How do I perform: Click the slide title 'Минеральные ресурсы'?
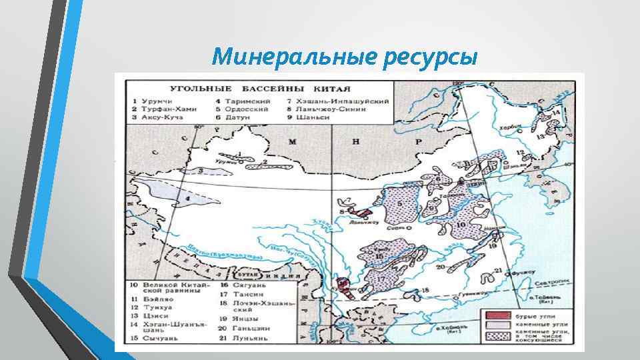344,58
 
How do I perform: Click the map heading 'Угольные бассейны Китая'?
261,88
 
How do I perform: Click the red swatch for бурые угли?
496,315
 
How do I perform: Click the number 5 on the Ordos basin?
399,203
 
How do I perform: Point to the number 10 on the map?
463,225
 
